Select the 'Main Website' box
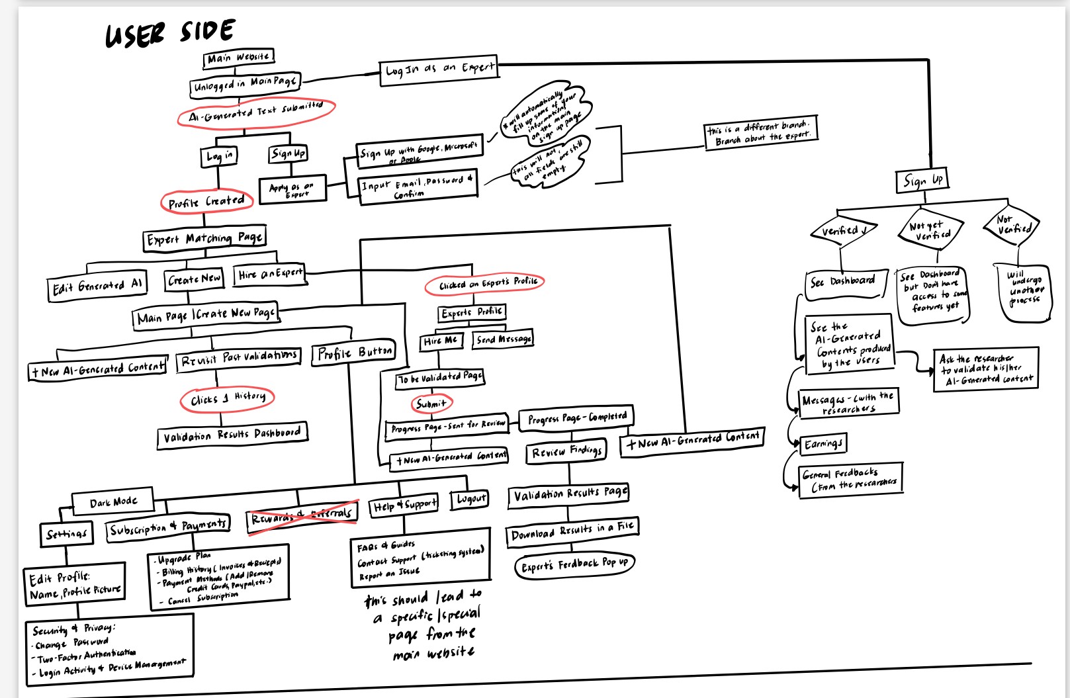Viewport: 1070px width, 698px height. coord(238,58)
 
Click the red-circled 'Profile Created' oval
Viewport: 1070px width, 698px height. coord(206,202)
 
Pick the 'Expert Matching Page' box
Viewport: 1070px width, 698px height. coord(204,239)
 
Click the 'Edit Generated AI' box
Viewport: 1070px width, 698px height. coord(97,286)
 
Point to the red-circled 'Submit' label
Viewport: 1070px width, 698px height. coord(431,403)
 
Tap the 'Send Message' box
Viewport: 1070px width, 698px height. coord(504,339)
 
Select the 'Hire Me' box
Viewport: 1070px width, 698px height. coord(441,341)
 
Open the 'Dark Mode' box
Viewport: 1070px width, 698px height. coord(113,502)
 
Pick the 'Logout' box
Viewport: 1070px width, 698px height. coord(470,498)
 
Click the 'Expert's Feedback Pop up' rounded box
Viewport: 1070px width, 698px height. coord(574,565)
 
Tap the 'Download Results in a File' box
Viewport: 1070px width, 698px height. coord(572,531)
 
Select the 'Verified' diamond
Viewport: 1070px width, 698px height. coord(843,231)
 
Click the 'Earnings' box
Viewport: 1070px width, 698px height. coord(823,443)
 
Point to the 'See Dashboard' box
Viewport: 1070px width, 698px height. coord(842,282)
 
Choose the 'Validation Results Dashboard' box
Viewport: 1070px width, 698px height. coord(232,435)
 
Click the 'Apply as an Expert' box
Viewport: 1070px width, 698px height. coord(292,189)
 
